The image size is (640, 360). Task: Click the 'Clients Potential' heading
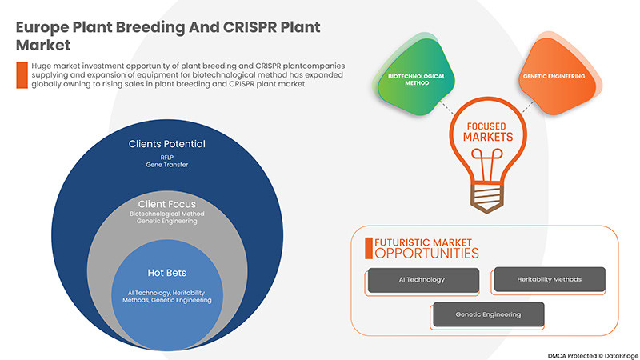pos(167,144)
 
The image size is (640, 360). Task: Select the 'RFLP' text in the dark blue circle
pos(167,158)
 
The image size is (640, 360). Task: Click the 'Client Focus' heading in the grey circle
pos(167,204)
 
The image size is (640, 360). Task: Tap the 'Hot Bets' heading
pos(167,271)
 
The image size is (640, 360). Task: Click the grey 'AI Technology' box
pos(422,280)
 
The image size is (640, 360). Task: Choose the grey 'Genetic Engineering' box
pos(488,314)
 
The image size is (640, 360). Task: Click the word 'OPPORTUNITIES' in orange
pos(426,254)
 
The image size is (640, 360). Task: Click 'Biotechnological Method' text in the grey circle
pos(167,215)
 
